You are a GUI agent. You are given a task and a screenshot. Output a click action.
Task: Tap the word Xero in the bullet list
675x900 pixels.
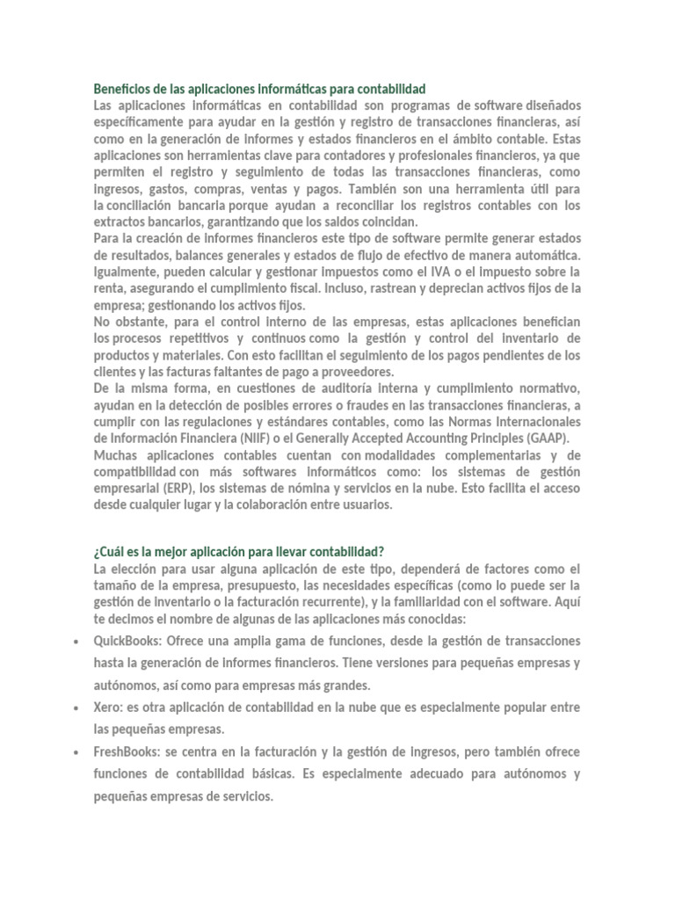pos(108,707)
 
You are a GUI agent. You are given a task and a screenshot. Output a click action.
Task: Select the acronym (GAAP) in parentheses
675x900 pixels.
pos(549,438)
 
